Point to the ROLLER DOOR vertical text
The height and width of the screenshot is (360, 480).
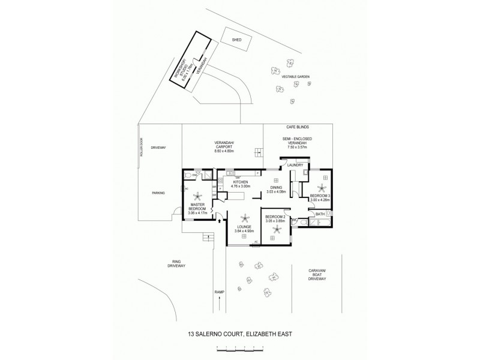[142, 148]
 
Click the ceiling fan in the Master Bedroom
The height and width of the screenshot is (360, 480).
[196, 196]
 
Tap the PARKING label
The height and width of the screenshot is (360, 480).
[158, 193]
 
